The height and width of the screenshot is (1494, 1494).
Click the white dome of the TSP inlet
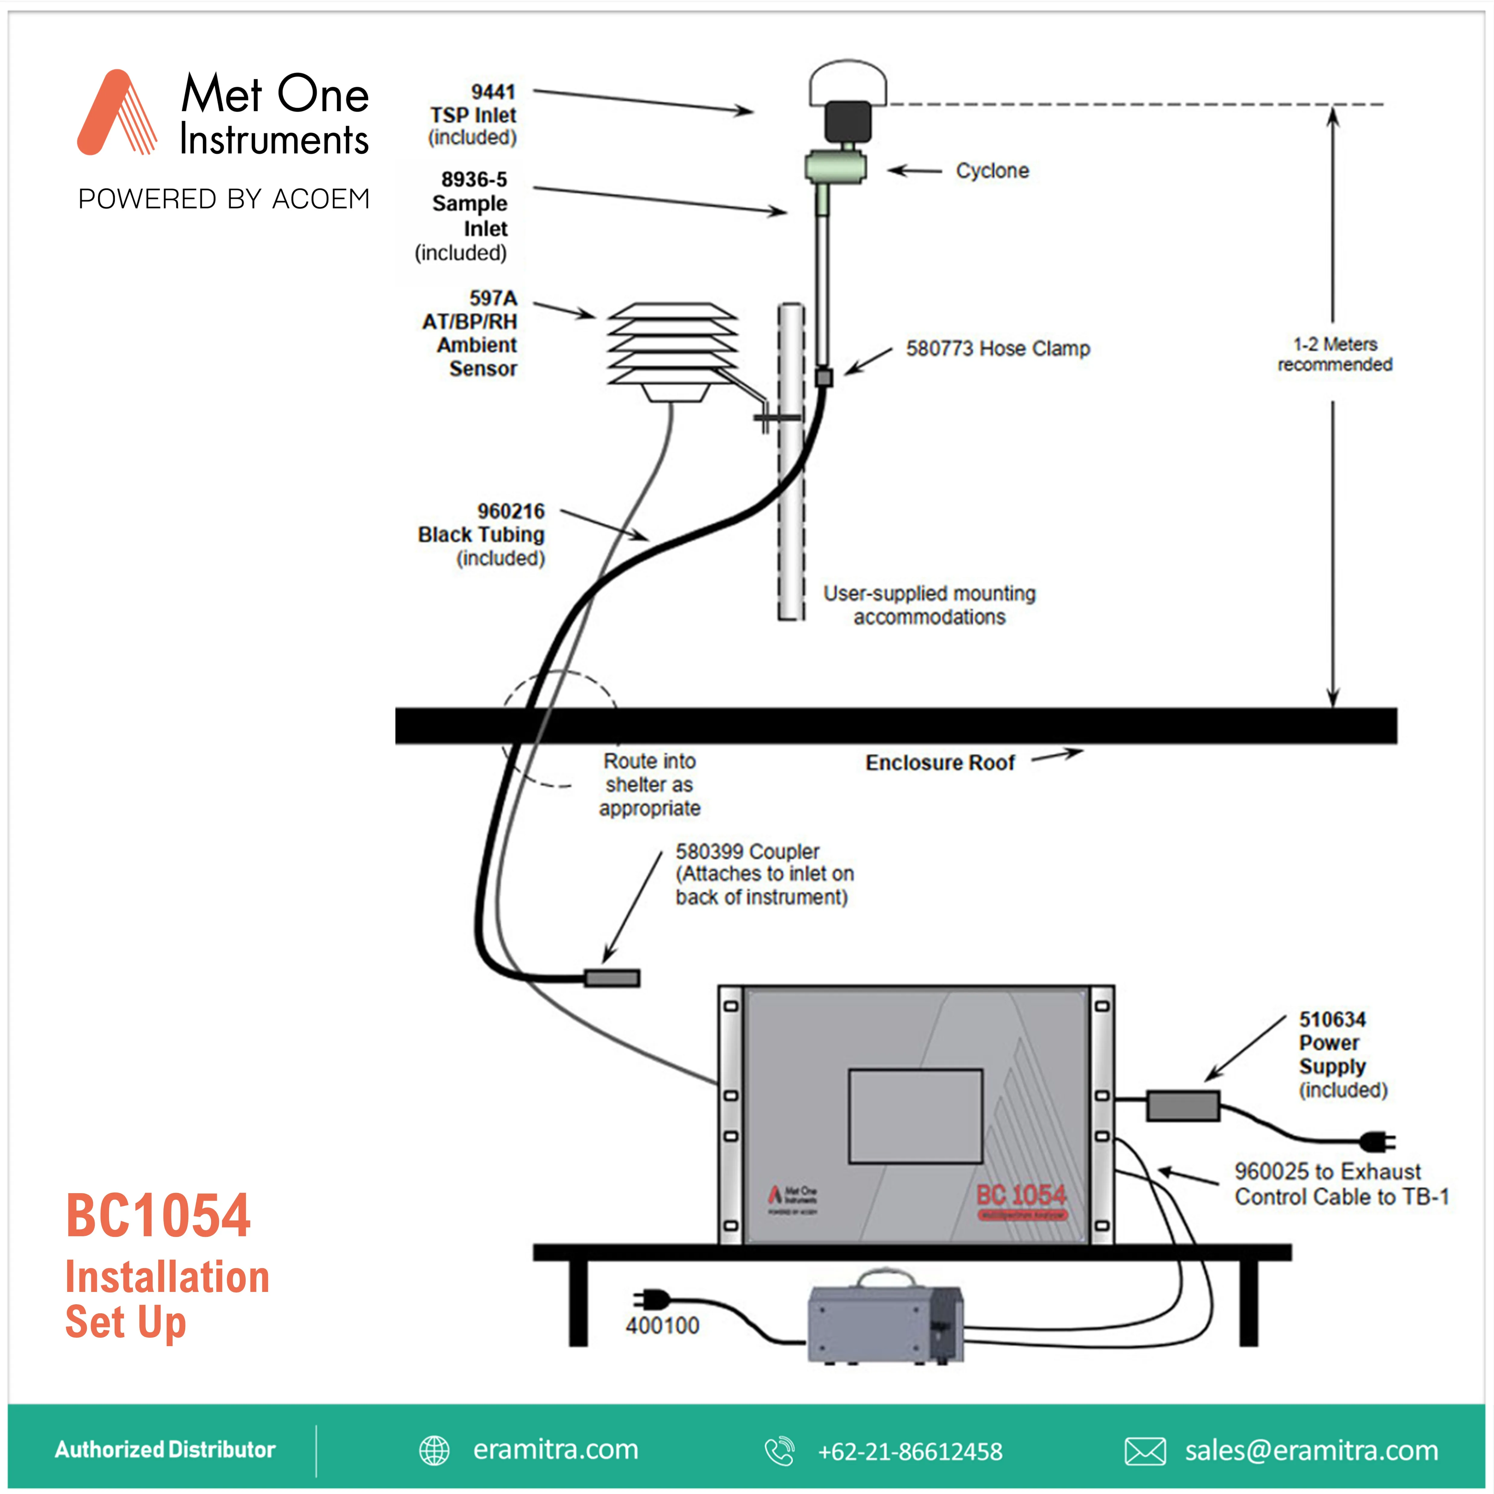(847, 83)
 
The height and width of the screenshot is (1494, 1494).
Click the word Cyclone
(992, 171)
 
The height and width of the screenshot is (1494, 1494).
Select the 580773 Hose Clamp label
(997, 349)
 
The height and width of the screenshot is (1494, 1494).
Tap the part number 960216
(510, 511)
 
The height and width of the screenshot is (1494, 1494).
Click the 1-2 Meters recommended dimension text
(1335, 354)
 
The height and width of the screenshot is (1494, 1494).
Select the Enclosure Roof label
(940, 763)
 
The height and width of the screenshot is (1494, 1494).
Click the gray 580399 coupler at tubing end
(612, 978)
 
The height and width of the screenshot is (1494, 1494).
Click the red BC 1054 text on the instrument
(1021, 1195)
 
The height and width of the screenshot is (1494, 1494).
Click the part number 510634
(1332, 1019)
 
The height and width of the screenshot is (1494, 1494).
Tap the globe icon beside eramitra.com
(434, 1451)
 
